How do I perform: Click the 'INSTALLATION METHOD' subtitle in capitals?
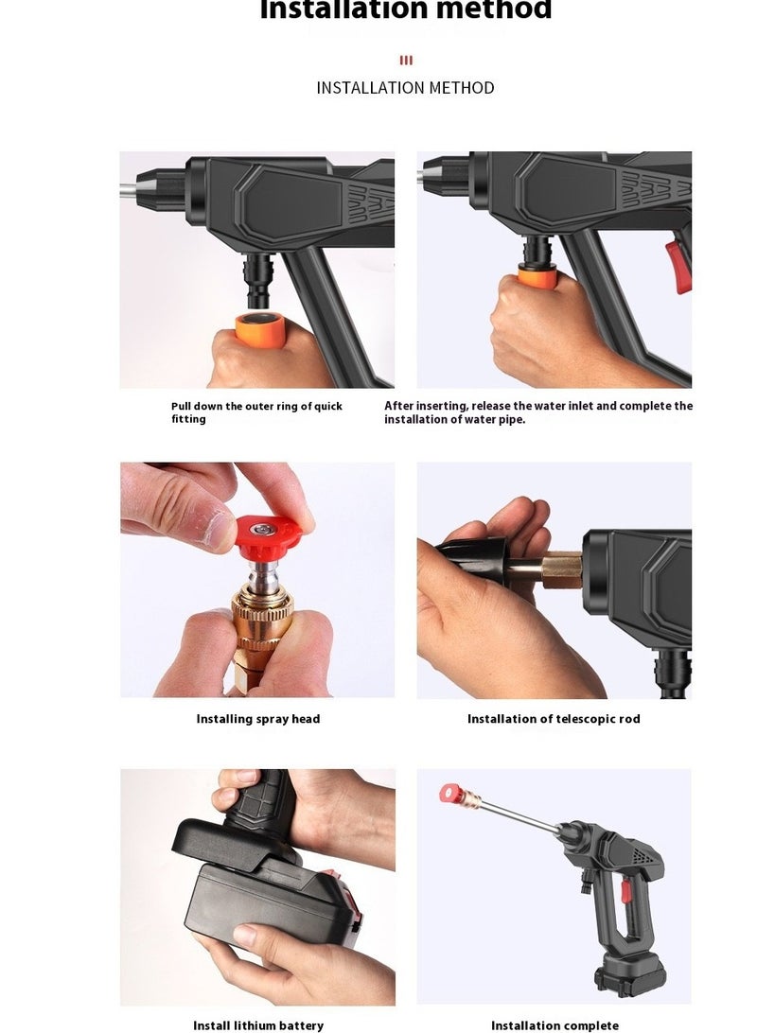[x=405, y=88]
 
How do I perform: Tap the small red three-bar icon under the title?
[x=406, y=61]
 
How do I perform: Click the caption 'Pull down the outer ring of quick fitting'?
[x=256, y=412]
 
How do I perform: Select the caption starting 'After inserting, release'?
[x=537, y=412]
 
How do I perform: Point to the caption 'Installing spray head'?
[x=258, y=719]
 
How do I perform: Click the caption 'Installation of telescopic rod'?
[x=554, y=719]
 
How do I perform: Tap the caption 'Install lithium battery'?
[x=258, y=1025]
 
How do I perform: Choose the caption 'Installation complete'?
[x=555, y=1025]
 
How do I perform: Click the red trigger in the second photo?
[x=678, y=264]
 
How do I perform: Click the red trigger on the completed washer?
[x=625, y=890]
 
